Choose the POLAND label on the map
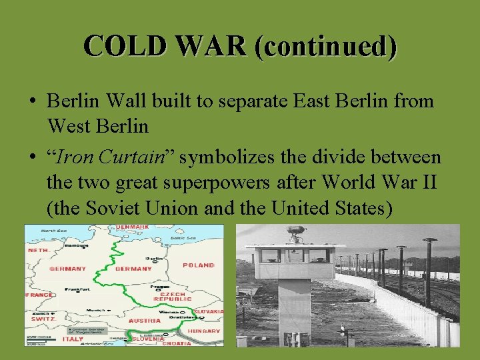click(x=198, y=265)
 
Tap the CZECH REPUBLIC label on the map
click(x=173, y=296)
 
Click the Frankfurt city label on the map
click(x=78, y=289)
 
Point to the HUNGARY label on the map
click(x=203, y=331)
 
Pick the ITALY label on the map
click(x=73, y=339)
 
